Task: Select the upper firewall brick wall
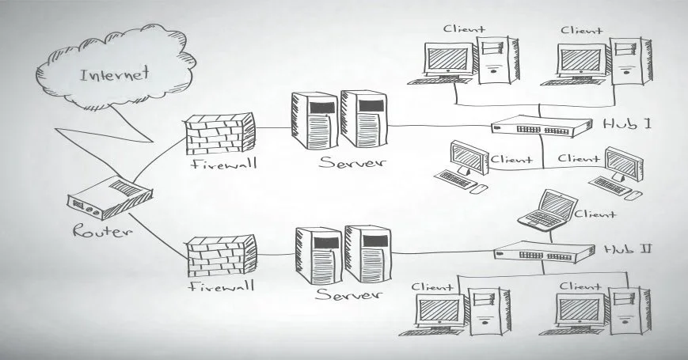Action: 221,133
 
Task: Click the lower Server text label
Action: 348,294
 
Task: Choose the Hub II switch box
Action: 545,252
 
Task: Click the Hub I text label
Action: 626,124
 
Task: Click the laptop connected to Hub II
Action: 545,210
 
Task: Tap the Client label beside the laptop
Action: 595,214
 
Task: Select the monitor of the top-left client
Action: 449,59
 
